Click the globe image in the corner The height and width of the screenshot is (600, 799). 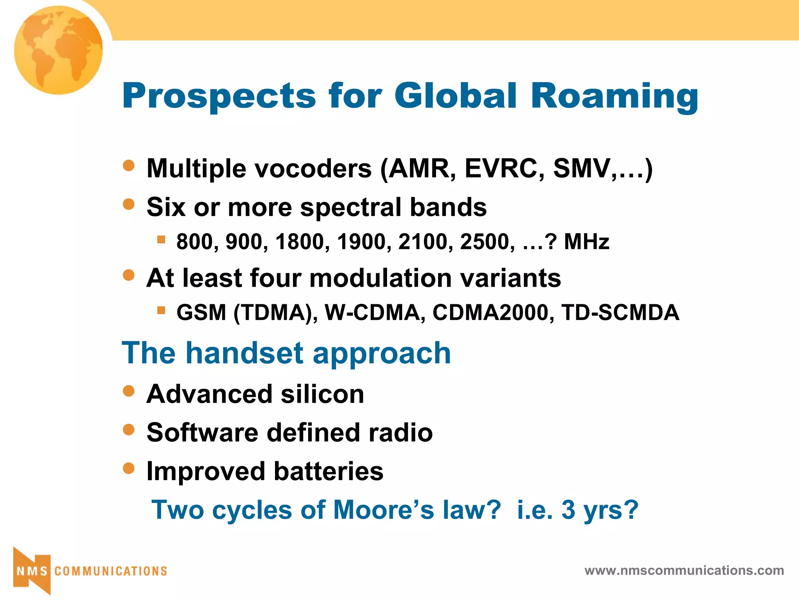[59, 50]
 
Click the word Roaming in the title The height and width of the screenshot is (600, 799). [614, 96]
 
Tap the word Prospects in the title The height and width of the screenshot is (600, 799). [219, 96]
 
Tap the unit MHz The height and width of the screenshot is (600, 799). [586, 242]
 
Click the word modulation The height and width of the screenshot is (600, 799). [380, 278]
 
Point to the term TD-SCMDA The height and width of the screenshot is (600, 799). [620, 312]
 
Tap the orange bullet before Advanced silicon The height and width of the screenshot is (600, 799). [128, 391]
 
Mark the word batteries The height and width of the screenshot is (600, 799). [328, 471]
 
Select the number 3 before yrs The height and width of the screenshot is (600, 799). [568, 510]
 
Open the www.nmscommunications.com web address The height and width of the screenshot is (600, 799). [684, 571]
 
